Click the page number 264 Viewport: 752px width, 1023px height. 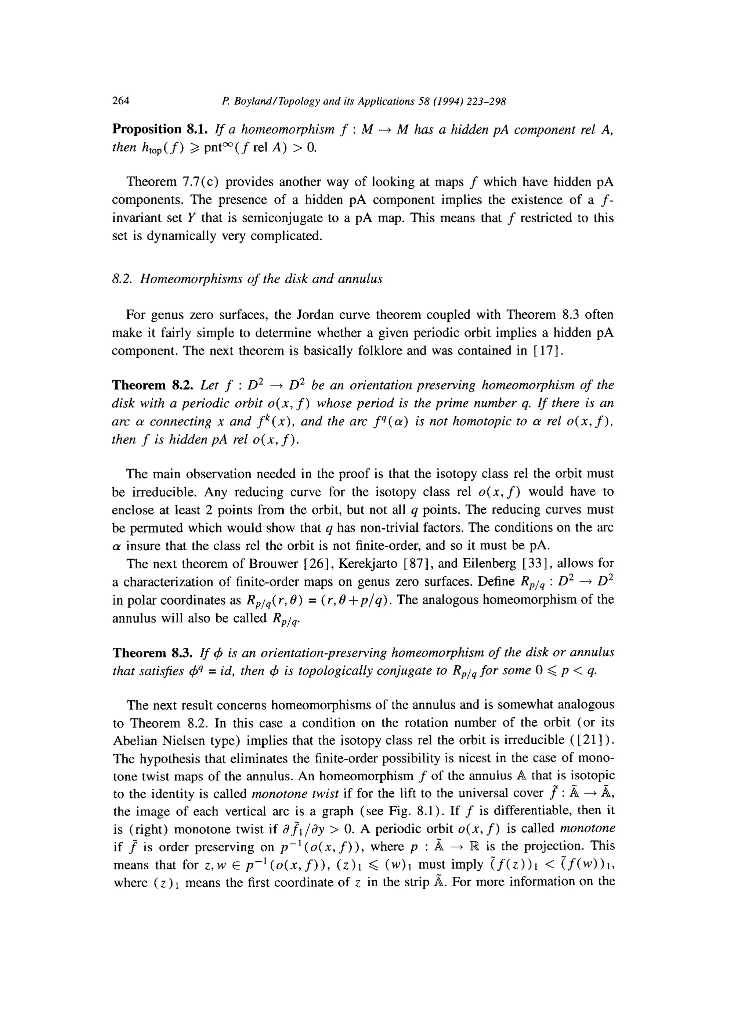[121, 101]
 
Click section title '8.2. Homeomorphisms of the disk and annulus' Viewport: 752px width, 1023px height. [247, 279]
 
